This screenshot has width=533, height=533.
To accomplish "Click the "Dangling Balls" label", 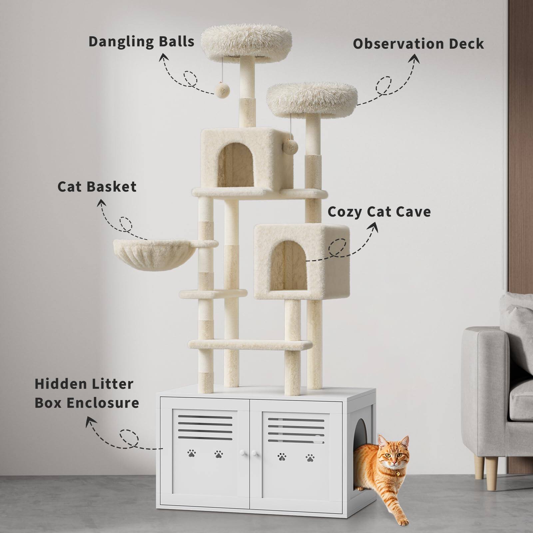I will (141, 42).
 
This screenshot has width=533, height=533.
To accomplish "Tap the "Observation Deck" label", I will (418, 44).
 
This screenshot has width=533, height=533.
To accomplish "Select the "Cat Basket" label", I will (97, 187).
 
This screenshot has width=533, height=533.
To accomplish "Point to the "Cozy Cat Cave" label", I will (379, 212).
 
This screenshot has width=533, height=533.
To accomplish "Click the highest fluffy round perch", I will (247, 41).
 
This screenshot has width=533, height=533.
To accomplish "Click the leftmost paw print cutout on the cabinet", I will (192, 453).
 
